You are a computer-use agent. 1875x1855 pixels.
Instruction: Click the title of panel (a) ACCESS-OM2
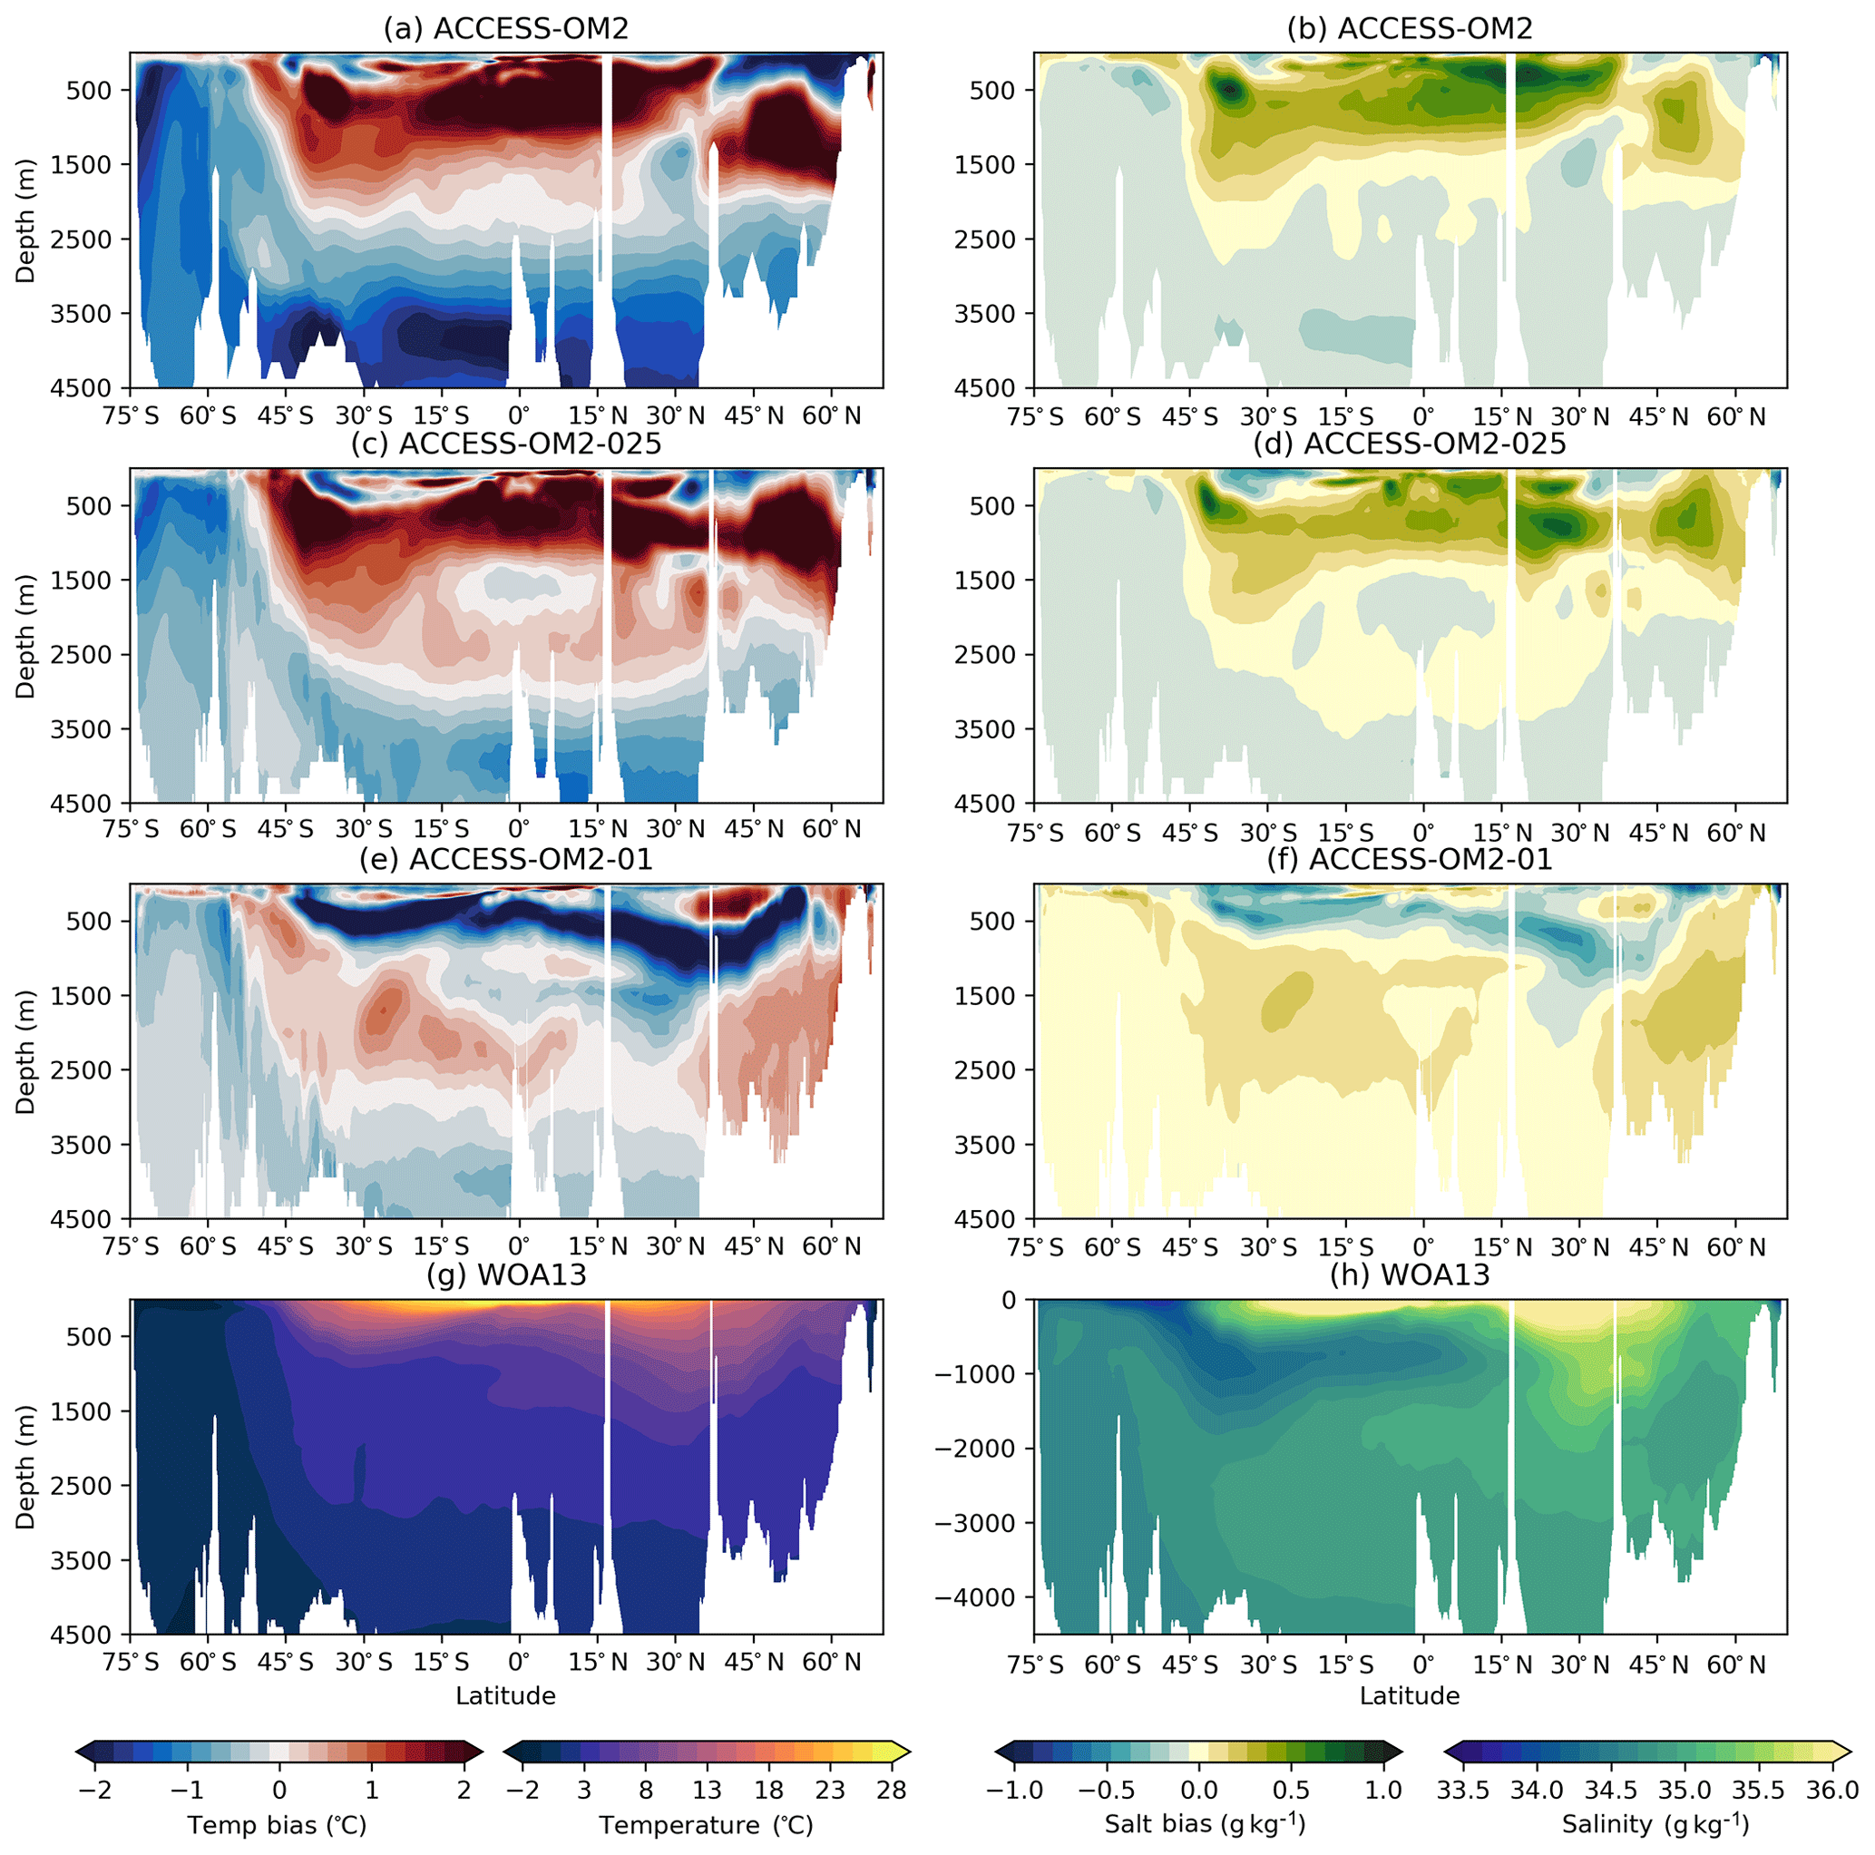[505, 28]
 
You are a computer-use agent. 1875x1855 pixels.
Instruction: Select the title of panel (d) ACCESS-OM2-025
[1409, 444]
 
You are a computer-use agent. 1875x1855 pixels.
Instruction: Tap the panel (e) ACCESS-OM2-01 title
[505, 859]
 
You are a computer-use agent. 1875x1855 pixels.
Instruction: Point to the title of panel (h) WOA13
[1409, 1274]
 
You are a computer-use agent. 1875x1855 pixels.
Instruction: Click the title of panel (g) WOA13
[505, 1274]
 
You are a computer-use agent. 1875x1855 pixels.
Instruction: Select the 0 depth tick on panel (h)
[1010, 1300]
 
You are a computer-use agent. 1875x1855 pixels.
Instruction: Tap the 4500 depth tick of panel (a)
[82, 388]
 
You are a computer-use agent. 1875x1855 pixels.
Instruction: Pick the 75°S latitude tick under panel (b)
[1036, 417]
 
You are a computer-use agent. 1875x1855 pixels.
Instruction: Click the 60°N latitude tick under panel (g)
[832, 1664]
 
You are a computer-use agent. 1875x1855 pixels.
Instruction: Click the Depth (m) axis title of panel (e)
[25, 1051]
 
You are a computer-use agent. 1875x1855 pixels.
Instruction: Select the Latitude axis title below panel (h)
[1409, 1696]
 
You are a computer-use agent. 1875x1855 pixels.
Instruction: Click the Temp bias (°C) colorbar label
[278, 1826]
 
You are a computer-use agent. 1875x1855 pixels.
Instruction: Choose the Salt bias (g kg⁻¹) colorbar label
[1205, 1825]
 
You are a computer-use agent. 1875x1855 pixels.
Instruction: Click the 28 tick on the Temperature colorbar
[891, 1790]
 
